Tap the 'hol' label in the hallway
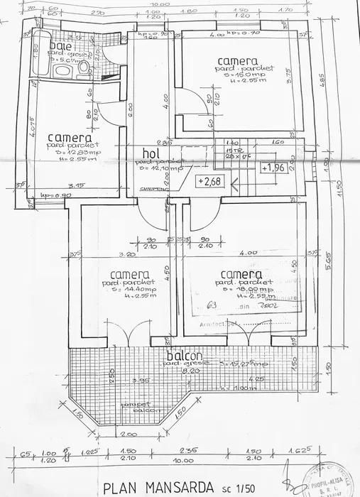(151, 153)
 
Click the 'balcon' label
(186, 356)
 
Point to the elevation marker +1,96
(273, 168)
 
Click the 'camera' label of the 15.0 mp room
(238, 61)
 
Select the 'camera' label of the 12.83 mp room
(69, 137)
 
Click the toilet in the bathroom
(83, 67)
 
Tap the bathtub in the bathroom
(40, 53)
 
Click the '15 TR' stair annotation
(229, 151)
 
